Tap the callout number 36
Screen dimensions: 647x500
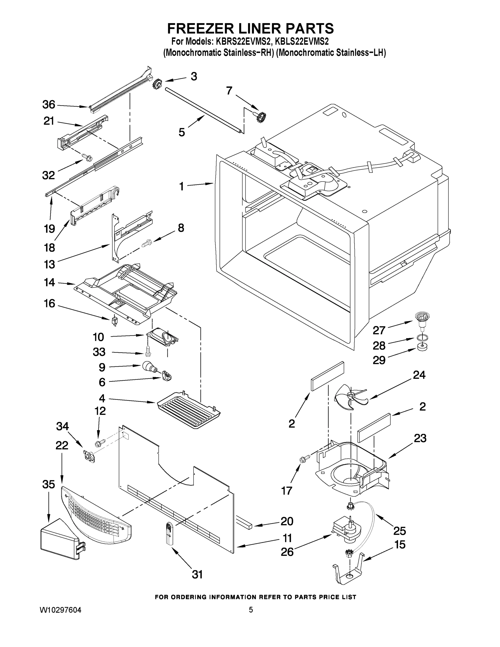[49, 105]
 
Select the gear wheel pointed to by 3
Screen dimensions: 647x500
[157, 85]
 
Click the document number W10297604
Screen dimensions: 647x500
[60, 610]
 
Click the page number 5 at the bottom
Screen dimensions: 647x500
[251, 610]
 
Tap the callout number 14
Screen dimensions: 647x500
[50, 282]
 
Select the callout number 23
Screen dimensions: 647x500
[420, 438]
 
